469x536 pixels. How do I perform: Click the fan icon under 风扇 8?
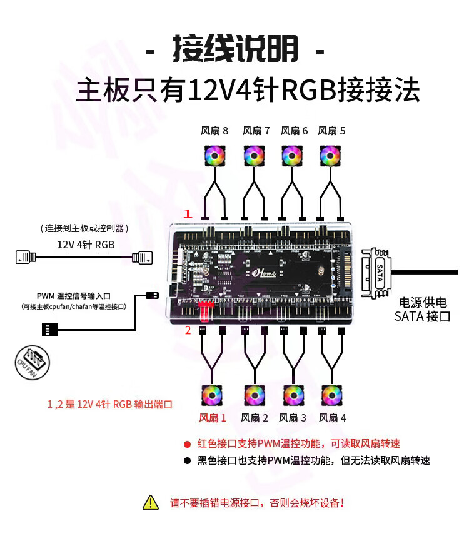[x=214, y=156]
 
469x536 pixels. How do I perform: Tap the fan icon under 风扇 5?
[x=331, y=156]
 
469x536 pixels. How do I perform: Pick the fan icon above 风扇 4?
[x=331, y=395]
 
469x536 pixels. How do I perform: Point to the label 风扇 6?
[x=294, y=131]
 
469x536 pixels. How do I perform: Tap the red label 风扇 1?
[x=213, y=418]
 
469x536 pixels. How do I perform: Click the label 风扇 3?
[x=293, y=418]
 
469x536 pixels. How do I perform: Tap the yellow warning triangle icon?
[x=151, y=502]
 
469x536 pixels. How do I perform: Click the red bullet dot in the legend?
[x=186, y=444]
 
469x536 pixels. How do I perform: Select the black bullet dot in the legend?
[x=186, y=461]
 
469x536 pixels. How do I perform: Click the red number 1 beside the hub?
[x=186, y=214]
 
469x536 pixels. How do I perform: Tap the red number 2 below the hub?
[x=187, y=330]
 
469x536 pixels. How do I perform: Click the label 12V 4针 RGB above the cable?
[x=86, y=244]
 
